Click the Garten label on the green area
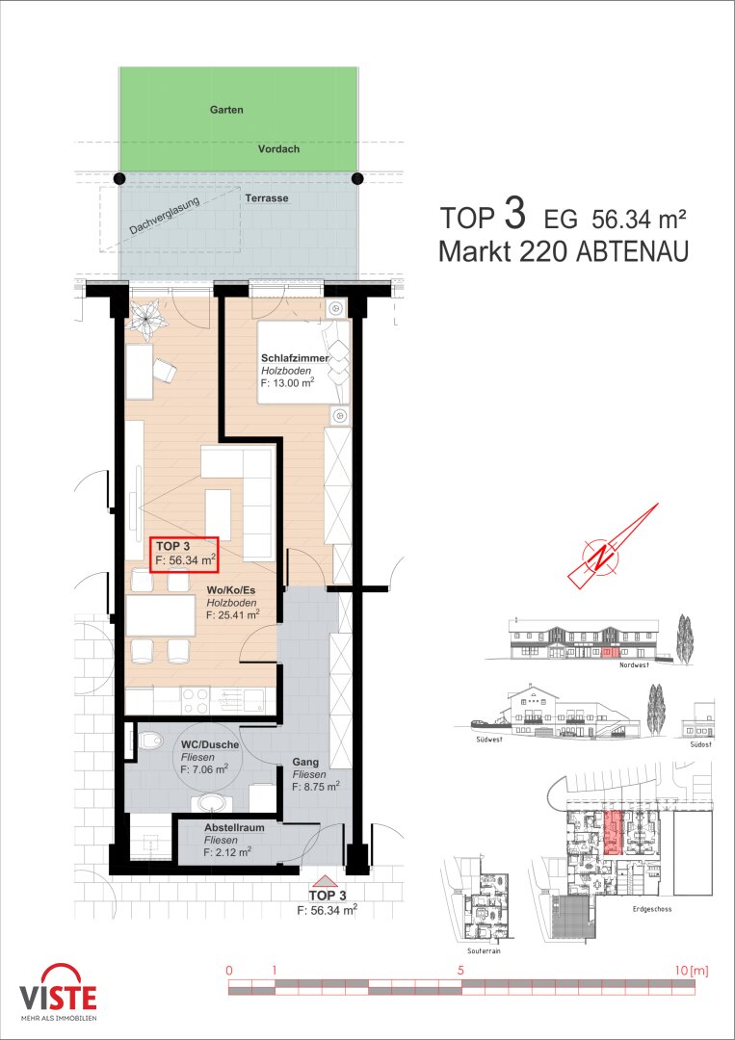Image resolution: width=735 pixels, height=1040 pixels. pos(226,111)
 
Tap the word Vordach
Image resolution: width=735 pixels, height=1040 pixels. pos(278,150)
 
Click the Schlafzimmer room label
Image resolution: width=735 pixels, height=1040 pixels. pos(294,358)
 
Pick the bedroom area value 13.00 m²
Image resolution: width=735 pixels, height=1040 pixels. pos(286,382)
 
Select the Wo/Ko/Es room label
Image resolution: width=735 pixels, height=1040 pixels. pos(231,590)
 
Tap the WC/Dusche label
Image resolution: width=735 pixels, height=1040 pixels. pos(208,744)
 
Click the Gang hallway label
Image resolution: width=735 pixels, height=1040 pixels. pos(305,763)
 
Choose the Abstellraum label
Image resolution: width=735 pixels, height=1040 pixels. pos(233,827)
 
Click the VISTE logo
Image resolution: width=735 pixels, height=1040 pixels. pos(58,991)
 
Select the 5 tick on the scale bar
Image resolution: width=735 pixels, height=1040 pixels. pos(461,971)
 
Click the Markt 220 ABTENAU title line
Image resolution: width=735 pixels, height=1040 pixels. pos(564,251)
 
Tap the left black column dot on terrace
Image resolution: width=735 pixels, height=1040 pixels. pos(119,178)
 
